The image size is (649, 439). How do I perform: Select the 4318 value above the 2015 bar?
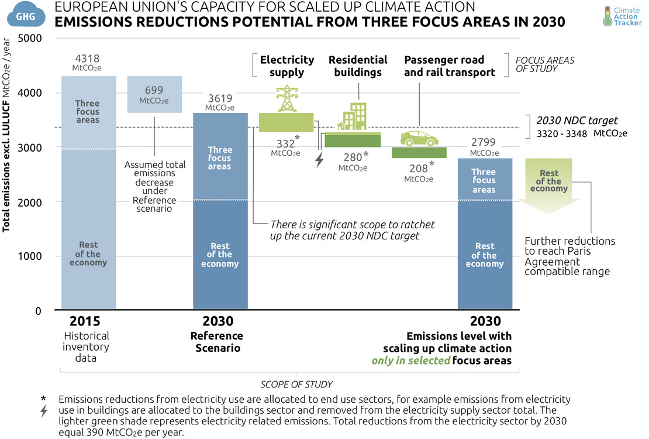point(88,59)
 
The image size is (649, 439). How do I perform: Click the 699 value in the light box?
point(154,90)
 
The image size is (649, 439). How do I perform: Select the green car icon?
point(419,138)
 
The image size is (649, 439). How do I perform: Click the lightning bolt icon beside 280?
point(319,160)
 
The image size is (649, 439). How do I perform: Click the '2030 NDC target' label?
point(577,121)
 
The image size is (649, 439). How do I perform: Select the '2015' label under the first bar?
point(85,321)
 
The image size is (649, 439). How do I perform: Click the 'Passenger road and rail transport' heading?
point(449,66)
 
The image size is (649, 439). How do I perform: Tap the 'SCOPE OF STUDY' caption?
point(296,385)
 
